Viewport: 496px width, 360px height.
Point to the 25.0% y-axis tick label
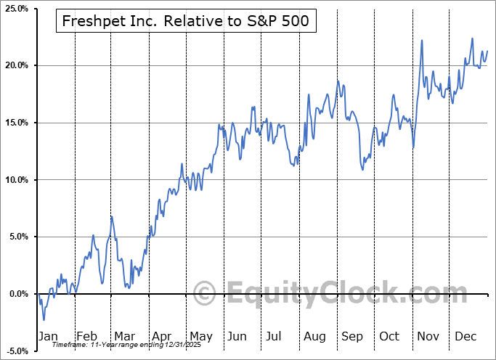16,9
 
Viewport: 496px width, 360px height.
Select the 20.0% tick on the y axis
16,65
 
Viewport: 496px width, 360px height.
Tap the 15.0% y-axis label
16,123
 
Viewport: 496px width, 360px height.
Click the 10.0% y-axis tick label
16,180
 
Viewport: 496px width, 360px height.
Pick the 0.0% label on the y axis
17,294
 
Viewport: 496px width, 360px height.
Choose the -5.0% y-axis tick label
16,351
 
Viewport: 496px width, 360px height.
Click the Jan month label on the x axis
49,336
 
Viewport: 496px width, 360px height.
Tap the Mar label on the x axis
125,336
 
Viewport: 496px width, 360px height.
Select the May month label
200,336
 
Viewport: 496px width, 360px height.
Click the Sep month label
352,336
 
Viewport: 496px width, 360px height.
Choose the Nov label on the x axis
428,336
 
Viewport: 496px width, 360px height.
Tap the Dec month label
466,336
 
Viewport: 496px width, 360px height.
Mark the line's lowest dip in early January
44,319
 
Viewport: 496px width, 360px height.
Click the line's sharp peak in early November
423,41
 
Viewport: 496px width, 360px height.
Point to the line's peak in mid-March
112,216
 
